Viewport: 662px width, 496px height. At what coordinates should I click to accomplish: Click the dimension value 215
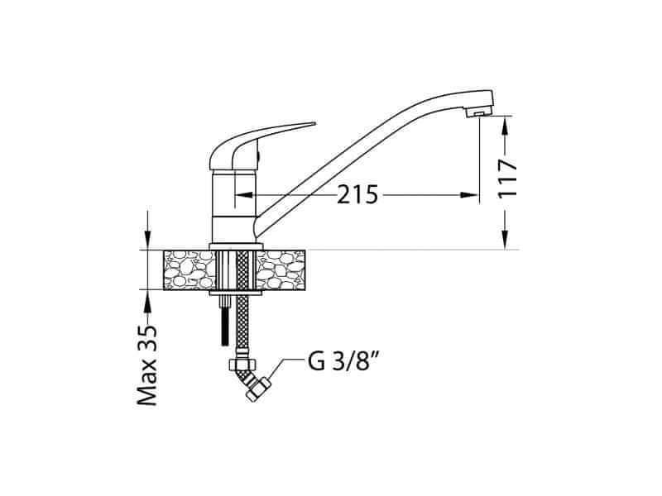point(357,195)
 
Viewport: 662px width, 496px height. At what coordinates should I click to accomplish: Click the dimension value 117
point(507,178)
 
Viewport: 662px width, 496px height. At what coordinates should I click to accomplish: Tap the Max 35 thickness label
point(147,365)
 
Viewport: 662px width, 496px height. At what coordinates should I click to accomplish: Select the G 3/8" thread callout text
point(343,361)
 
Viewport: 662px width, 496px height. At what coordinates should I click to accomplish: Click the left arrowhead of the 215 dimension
point(243,195)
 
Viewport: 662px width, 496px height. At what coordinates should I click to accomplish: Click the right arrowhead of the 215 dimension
point(469,195)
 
